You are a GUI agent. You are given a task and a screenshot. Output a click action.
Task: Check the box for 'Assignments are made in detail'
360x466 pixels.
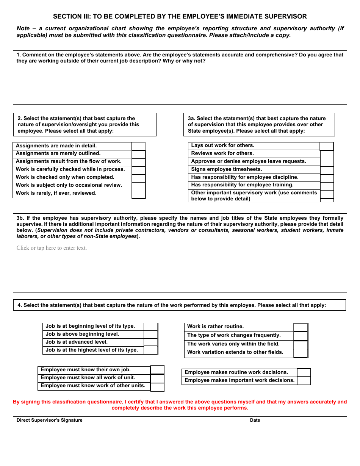tap(138, 146)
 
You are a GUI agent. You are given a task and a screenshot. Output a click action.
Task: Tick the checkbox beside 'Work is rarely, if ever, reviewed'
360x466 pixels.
tap(138, 194)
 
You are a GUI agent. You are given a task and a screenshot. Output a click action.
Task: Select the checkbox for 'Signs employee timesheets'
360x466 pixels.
tap(327, 170)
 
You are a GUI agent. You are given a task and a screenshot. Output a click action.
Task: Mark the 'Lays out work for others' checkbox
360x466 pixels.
tap(327, 146)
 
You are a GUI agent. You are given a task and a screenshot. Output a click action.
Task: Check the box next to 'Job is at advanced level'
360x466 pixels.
tap(150, 342)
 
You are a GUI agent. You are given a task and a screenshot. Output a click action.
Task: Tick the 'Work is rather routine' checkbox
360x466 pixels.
tap(301, 327)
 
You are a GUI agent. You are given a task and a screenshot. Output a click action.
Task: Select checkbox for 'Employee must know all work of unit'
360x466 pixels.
tap(157, 378)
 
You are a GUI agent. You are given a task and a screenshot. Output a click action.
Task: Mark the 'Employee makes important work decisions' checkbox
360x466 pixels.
tap(304, 381)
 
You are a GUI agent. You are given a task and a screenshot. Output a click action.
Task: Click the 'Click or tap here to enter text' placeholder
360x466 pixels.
tap(52, 248)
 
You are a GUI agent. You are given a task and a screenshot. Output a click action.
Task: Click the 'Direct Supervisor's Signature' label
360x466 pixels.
tap(49, 420)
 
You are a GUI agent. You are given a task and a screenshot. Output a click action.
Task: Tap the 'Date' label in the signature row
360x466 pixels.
tap(255, 420)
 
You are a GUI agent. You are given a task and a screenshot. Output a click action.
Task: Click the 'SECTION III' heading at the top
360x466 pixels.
tap(180, 17)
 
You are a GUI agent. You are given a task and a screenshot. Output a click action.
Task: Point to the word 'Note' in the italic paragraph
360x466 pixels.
tap(23, 28)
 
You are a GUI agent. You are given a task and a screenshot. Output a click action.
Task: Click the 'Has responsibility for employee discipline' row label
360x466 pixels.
tap(244, 177)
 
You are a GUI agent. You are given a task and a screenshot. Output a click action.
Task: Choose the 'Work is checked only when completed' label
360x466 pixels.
tap(65, 177)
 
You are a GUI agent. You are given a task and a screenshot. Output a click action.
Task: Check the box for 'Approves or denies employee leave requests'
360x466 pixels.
tap(327, 162)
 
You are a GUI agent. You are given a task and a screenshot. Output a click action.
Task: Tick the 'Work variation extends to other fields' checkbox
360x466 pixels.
tap(301, 353)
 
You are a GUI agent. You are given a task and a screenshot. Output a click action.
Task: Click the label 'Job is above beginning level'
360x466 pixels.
tap(82, 334)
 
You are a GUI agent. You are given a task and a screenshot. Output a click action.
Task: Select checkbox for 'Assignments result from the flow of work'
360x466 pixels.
tap(138, 162)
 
